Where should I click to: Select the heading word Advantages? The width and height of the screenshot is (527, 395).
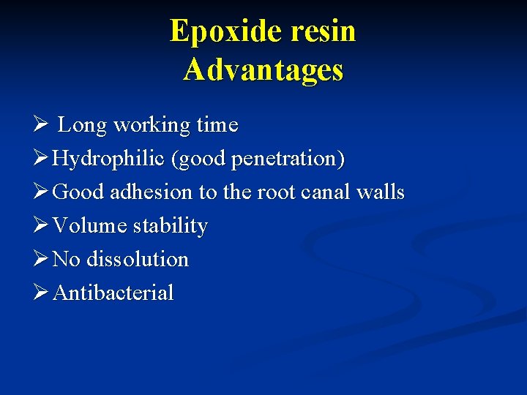click(263, 70)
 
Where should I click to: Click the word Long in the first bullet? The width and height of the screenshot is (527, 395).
click(82, 126)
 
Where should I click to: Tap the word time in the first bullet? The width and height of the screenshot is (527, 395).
click(218, 125)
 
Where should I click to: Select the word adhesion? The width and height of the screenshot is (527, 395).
click(152, 192)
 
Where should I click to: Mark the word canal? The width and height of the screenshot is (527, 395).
click(324, 192)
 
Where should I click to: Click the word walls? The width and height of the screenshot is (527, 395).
click(380, 192)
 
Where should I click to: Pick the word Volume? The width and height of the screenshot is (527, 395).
click(90, 225)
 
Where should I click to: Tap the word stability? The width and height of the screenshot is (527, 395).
click(170, 226)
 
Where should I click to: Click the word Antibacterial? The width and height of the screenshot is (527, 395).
click(113, 293)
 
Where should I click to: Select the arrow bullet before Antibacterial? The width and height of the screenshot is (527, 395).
click(42, 293)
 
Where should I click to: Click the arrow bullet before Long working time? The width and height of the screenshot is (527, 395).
click(42, 125)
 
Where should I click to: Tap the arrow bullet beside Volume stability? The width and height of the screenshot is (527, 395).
click(42, 225)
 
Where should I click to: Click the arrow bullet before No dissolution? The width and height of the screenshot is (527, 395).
click(42, 259)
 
